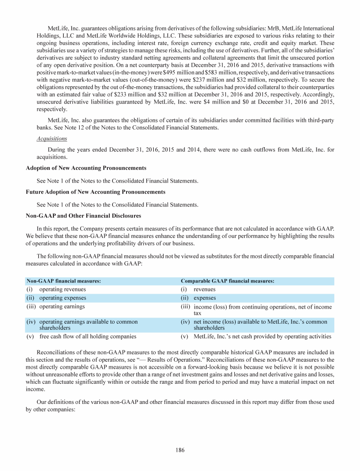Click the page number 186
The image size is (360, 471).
tap(180, 450)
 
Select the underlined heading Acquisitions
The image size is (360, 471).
tap(52, 139)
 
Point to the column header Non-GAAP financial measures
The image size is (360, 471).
tap(64, 281)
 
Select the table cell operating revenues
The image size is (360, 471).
tap(62, 289)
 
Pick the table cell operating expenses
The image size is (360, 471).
tap(62, 298)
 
